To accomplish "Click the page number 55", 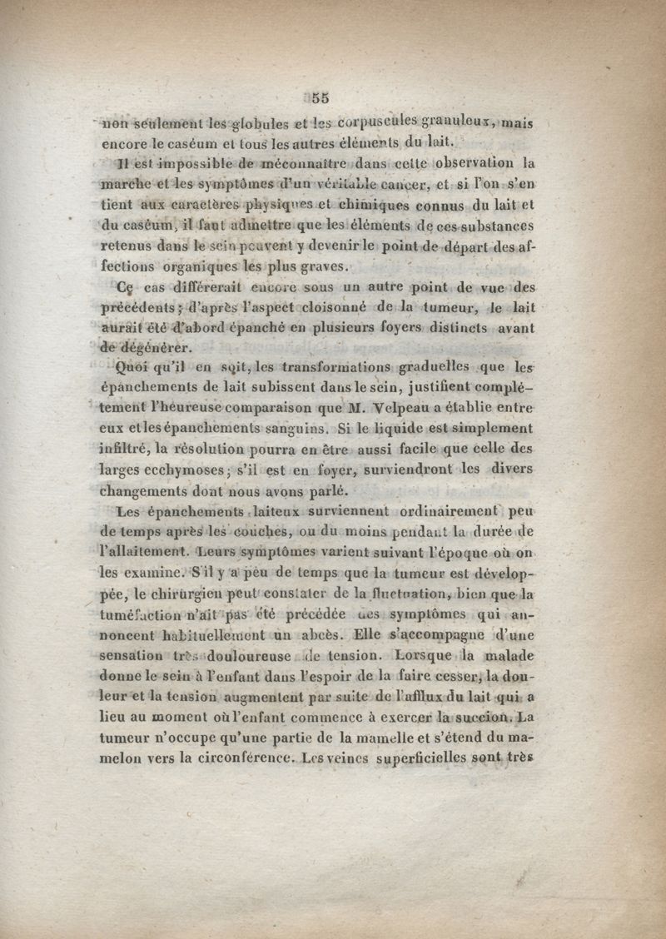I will (x=321, y=97).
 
